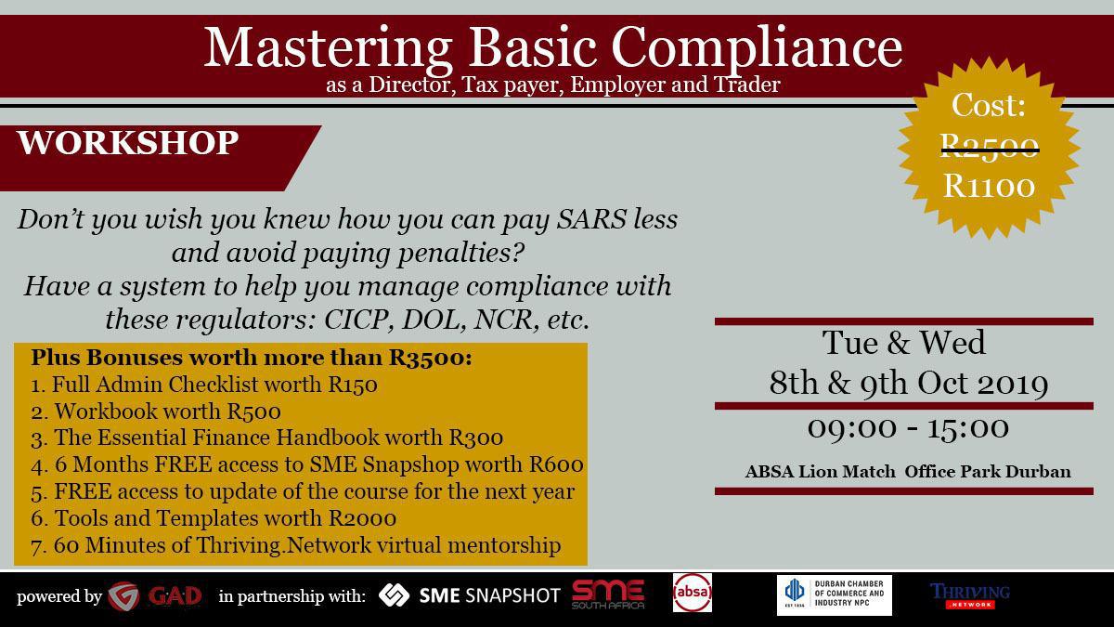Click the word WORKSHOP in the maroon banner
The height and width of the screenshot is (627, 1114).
click(x=128, y=143)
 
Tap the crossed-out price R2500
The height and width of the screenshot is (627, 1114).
click(x=990, y=147)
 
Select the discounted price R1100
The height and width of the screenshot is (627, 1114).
click(x=990, y=186)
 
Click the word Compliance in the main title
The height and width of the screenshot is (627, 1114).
click(x=757, y=47)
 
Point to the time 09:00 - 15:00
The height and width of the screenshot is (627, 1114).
click(x=908, y=428)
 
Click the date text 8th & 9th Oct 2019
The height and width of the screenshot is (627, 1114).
click(x=909, y=383)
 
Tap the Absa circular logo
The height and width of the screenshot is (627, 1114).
click(x=693, y=593)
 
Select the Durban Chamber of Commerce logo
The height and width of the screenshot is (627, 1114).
click(x=834, y=595)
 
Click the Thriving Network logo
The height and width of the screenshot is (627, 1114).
click(x=970, y=595)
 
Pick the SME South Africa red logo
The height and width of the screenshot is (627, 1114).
click(x=608, y=594)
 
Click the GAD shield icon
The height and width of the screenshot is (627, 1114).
click(x=123, y=595)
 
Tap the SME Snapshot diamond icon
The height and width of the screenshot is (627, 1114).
click(x=394, y=595)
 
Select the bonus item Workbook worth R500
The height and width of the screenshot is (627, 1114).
click(x=156, y=411)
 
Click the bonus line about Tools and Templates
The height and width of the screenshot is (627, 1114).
click(x=214, y=518)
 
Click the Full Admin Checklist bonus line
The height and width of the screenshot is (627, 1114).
click(x=204, y=385)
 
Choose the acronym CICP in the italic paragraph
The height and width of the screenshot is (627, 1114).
click(x=356, y=320)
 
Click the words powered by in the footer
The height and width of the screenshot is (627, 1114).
click(x=59, y=596)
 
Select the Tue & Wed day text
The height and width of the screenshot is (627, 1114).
click(x=903, y=343)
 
